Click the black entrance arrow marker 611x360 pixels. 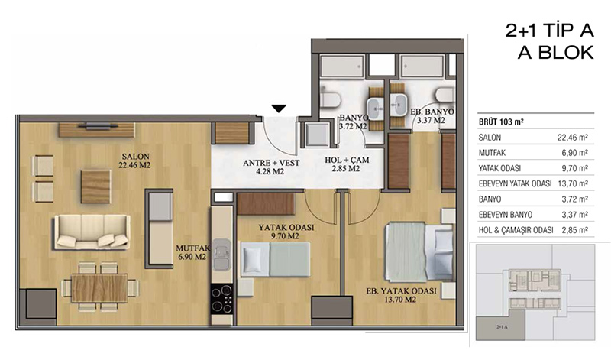click(279, 109)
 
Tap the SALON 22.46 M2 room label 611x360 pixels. click(135, 161)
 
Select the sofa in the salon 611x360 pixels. click(92, 232)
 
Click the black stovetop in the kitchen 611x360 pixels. click(221, 298)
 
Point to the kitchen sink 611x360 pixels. click(221, 255)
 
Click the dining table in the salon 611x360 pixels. click(100, 288)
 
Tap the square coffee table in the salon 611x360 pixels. click(96, 186)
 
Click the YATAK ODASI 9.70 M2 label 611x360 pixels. click(286, 232)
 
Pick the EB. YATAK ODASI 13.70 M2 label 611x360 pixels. click(402, 295)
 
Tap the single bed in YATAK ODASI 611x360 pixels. click(276, 259)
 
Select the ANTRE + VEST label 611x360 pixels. click(271, 167)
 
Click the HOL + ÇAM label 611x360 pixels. click(347, 164)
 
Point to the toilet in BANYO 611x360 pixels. click(331, 97)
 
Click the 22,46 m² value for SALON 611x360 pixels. click(572, 138)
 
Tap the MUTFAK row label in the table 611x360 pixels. click(492, 153)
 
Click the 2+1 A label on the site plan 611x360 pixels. click(502, 327)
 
